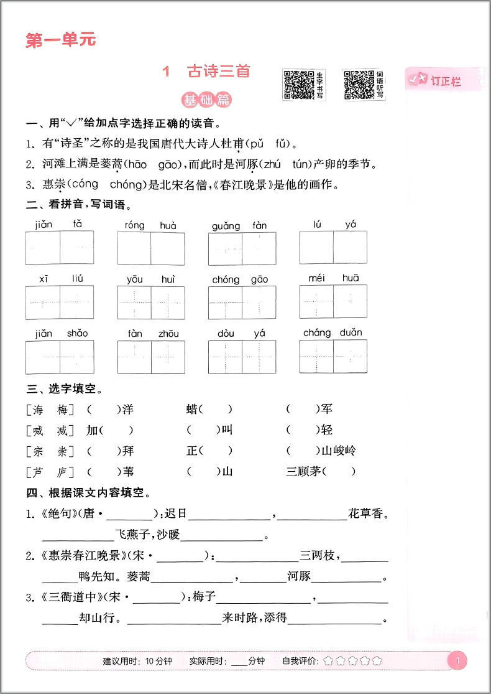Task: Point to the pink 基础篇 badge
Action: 202,100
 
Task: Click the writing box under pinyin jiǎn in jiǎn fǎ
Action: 43,248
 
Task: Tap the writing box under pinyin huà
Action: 168,248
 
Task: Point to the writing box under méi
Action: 316,302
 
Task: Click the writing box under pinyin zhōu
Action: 168,357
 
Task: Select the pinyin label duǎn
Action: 351,332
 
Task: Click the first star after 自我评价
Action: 328,661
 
